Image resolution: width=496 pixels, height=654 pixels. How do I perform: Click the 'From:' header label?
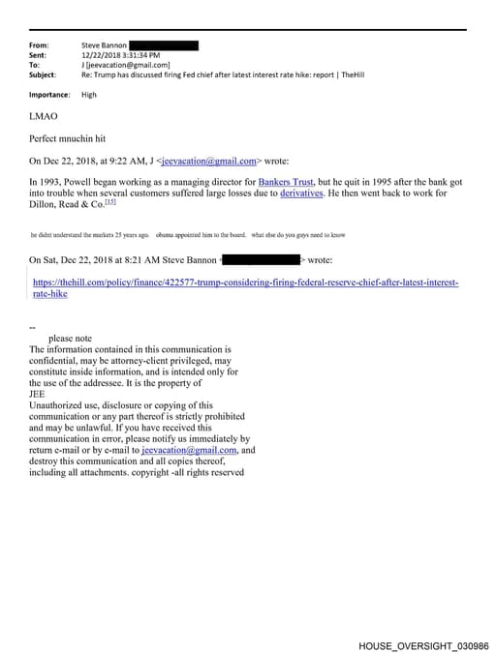click(x=40, y=45)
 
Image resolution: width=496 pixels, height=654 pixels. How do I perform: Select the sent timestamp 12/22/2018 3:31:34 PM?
click(x=121, y=55)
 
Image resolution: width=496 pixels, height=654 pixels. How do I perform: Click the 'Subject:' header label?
click(x=43, y=74)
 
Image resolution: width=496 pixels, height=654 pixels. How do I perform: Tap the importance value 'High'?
click(x=89, y=95)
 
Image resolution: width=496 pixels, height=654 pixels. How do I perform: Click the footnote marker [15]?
click(x=110, y=202)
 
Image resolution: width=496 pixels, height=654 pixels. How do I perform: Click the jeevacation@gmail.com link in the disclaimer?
click(x=189, y=450)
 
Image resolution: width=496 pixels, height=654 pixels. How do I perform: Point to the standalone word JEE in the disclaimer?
click(x=38, y=394)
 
